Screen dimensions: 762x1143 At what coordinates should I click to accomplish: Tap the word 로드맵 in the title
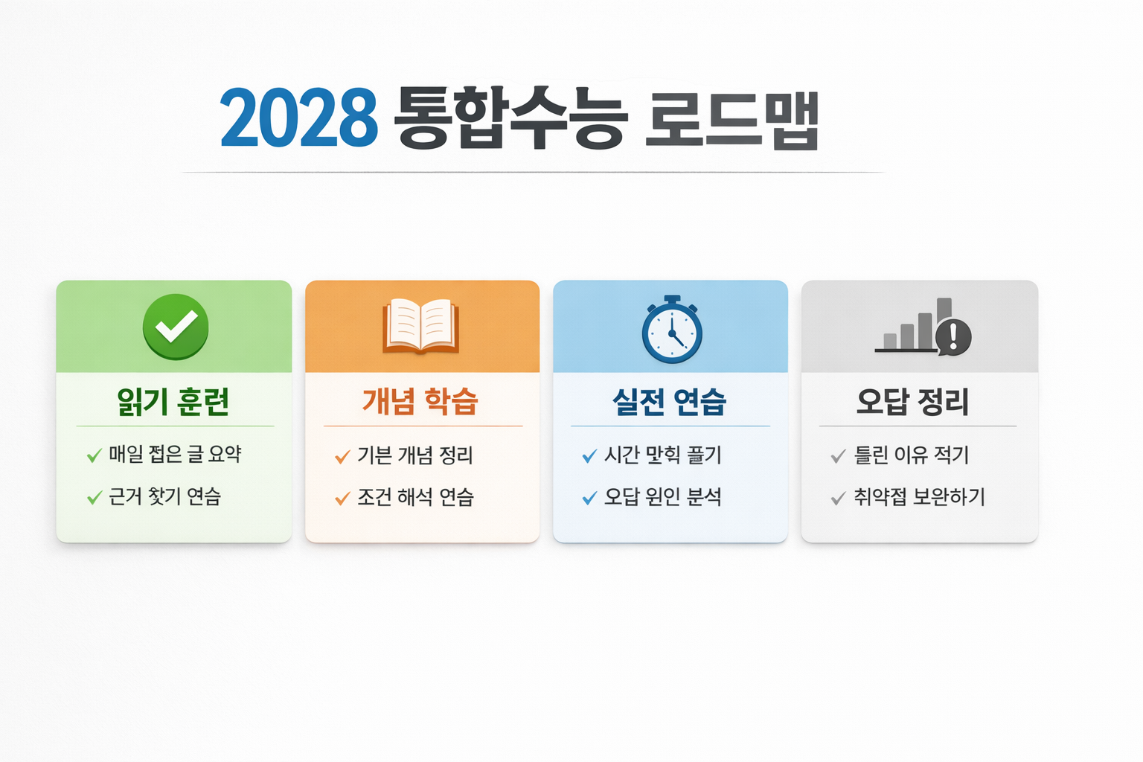point(731,120)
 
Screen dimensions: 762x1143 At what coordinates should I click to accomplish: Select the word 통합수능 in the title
point(510,118)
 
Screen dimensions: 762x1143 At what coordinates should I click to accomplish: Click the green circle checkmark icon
point(176,327)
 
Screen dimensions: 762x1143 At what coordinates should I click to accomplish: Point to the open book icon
point(420,326)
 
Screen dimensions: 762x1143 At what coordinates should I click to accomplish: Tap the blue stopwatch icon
point(672,330)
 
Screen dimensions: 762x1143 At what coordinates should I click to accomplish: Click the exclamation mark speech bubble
point(953,336)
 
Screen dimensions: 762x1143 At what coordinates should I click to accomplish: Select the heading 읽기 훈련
point(173,402)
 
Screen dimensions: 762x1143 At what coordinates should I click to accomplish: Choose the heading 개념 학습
point(420,401)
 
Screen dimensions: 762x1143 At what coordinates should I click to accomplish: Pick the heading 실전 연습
point(669,402)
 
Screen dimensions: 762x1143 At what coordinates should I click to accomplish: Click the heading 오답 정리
point(913,402)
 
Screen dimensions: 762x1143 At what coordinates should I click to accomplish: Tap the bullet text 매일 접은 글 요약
point(175,454)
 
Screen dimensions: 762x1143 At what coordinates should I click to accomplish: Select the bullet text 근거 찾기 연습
point(164,496)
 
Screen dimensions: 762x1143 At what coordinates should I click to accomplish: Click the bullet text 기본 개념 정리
point(415,455)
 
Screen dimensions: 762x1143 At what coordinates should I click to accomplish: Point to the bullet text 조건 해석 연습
point(415,497)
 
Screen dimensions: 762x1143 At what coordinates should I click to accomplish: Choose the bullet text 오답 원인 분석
point(663,496)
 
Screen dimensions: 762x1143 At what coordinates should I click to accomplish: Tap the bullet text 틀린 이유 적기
point(912,455)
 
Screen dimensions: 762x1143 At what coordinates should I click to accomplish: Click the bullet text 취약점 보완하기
point(920,497)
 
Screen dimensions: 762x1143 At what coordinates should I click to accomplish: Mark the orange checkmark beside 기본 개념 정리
point(342,456)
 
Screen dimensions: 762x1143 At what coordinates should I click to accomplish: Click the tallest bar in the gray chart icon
point(944,311)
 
